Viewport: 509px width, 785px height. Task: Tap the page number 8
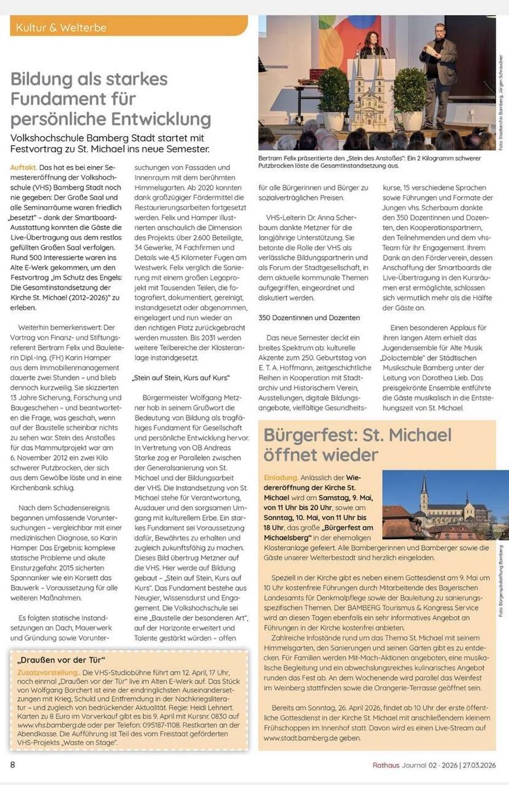[x=12, y=765]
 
